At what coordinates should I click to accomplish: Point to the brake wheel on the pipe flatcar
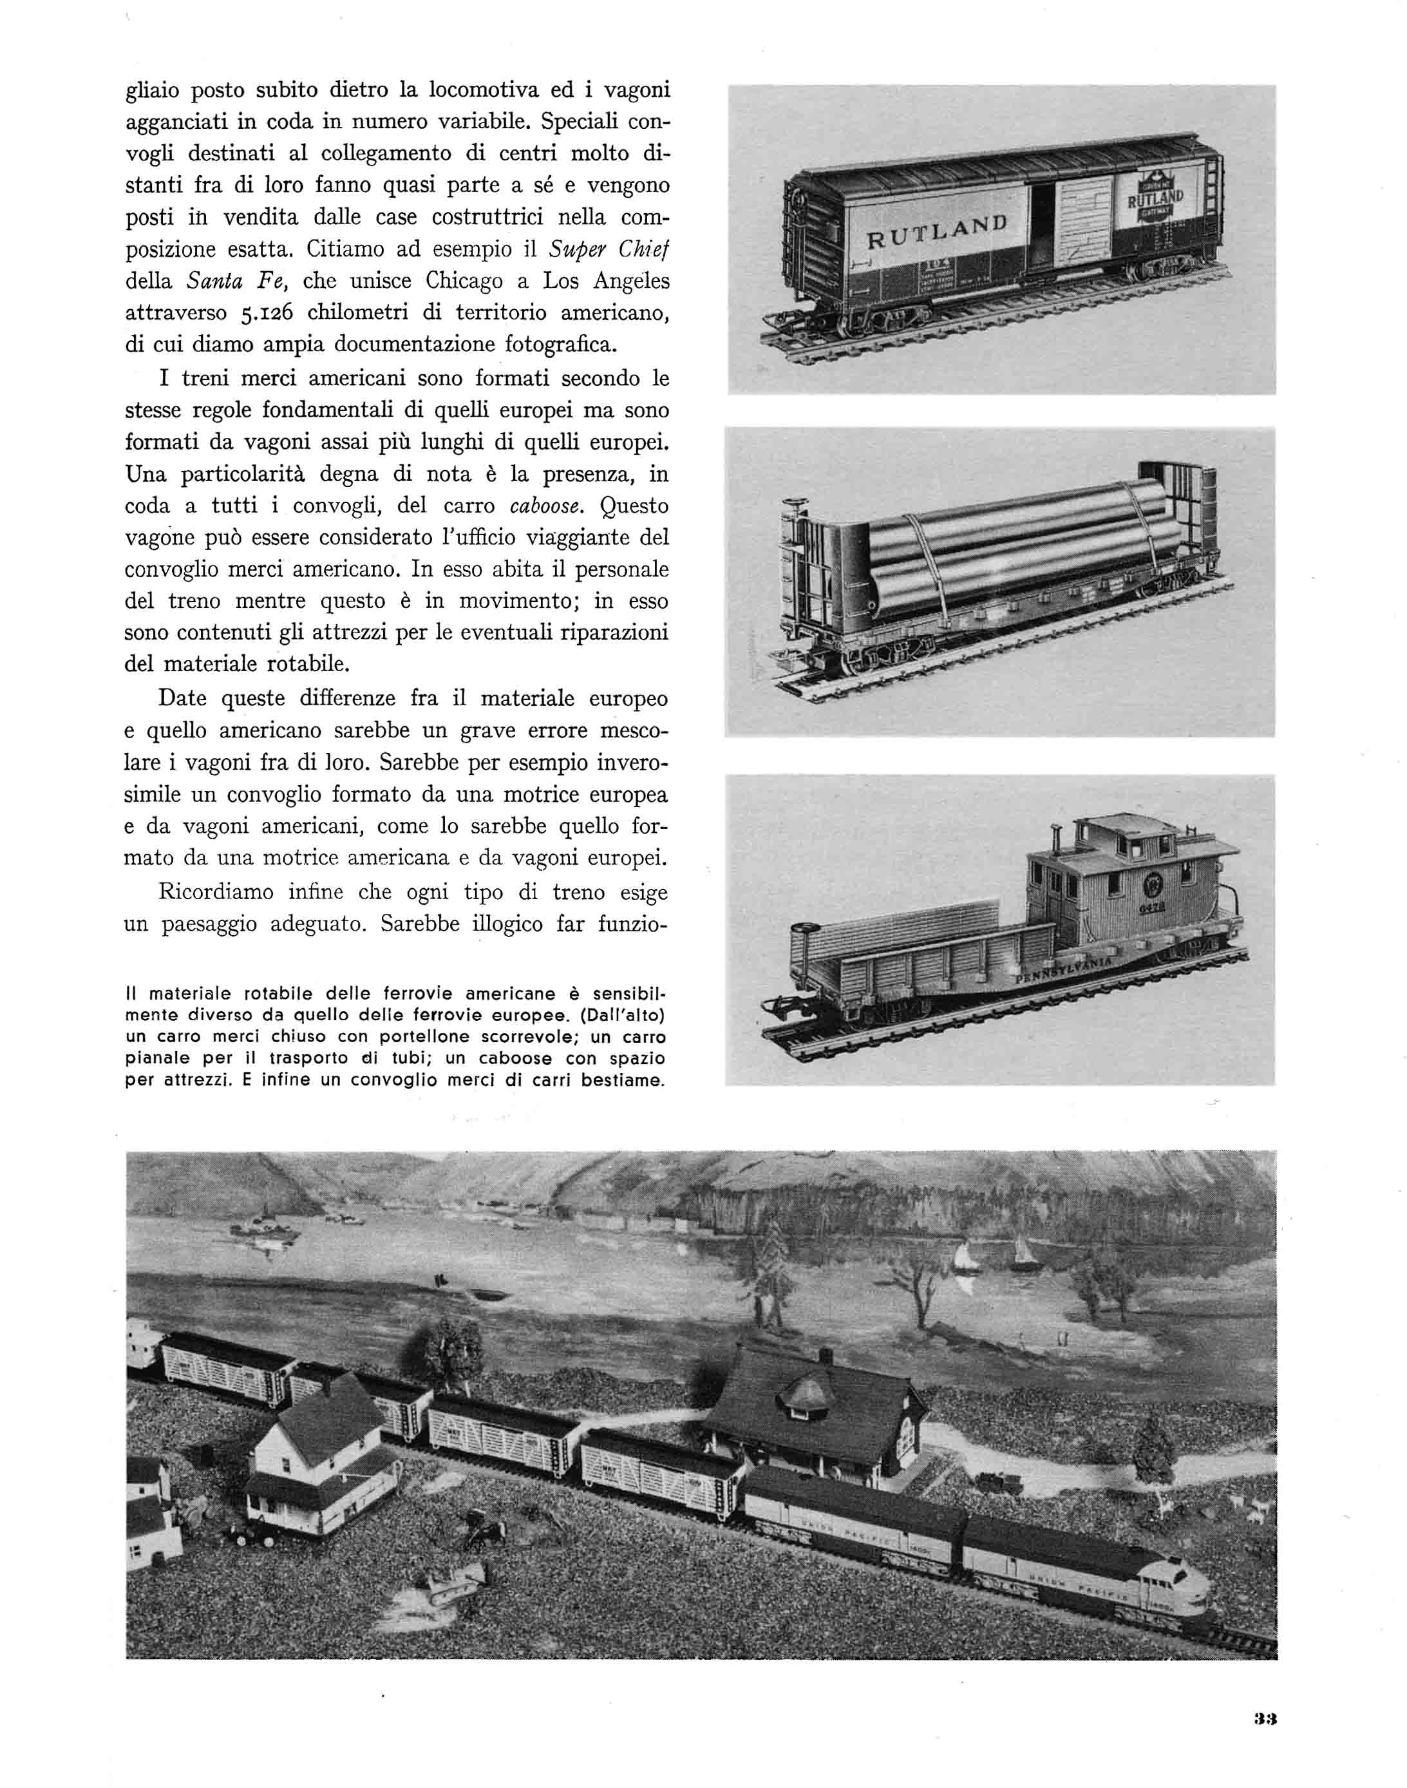click(795, 502)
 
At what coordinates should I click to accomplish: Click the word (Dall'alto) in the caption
click(616, 1015)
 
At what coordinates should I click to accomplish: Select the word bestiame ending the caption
click(623, 1079)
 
